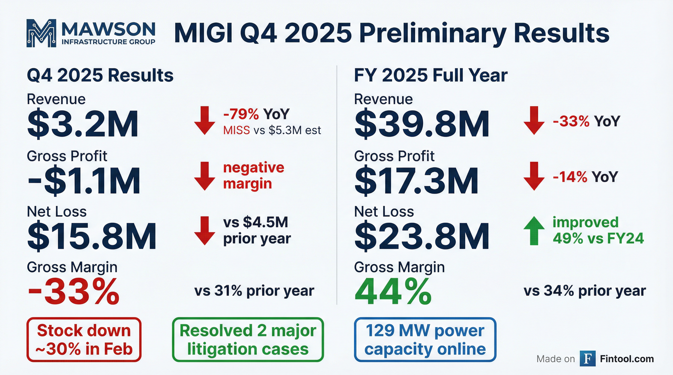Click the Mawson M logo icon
pos(41,33)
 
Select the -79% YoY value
pos(241,114)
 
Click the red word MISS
pos(236,130)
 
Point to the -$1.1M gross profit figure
pos(84,181)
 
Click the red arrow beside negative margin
pos(204,176)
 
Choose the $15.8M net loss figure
pos(92,236)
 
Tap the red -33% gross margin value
pos(73,291)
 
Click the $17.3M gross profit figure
pos(416,181)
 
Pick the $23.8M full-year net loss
pos(421,236)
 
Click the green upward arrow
pos(534,231)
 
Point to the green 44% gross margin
pos(393,291)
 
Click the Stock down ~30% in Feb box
pos(84,340)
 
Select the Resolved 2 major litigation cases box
pos(248,340)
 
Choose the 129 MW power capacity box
pos(425,340)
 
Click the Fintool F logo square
pos(588,359)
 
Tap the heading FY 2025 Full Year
pos(430,75)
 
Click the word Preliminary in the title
pos(434,33)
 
